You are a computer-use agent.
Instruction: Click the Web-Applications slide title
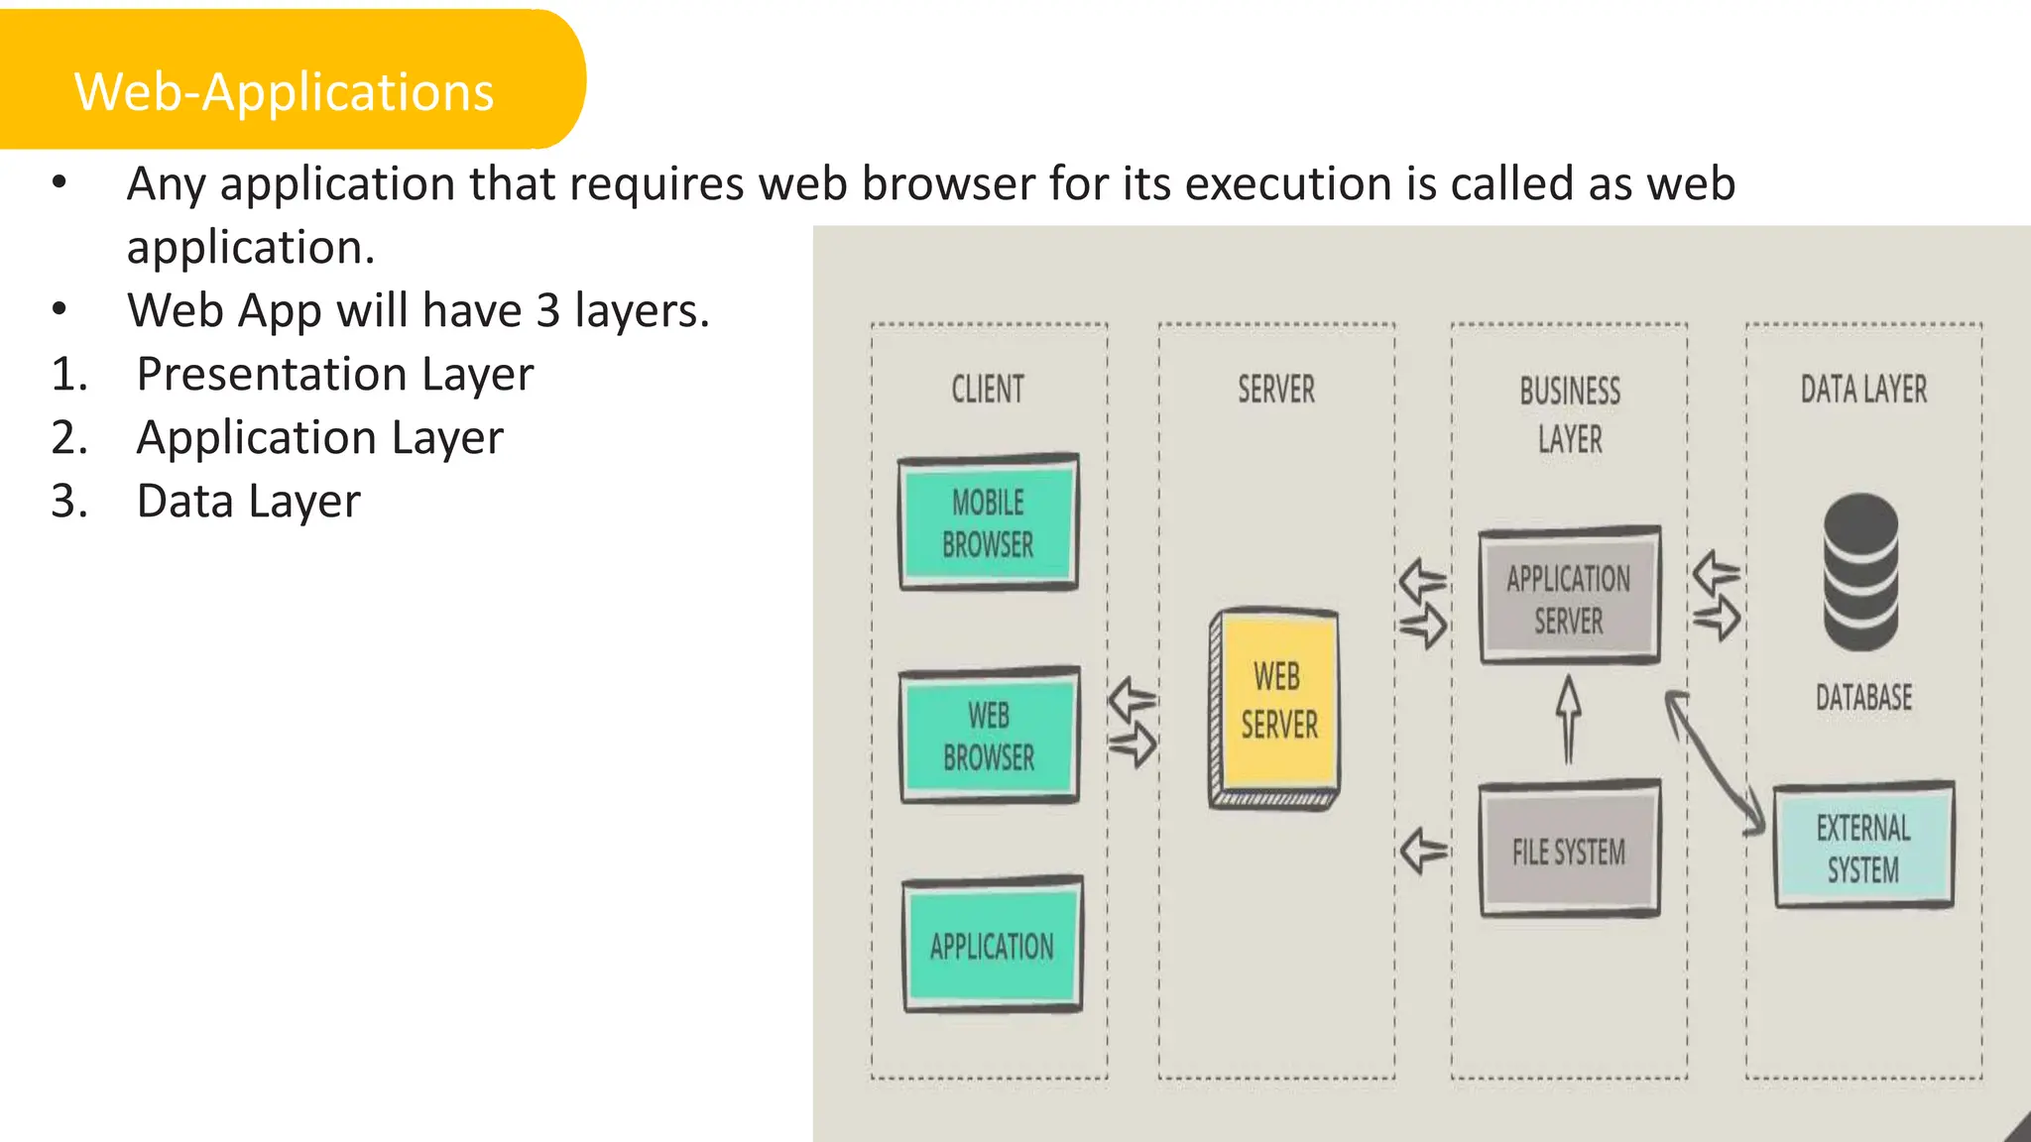point(284,91)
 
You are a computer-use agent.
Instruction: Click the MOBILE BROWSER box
point(988,523)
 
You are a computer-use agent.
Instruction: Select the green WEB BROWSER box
point(989,736)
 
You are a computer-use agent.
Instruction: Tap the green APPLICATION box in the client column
point(992,946)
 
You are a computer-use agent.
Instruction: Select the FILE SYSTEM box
point(1568,852)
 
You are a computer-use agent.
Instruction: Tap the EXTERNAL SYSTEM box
point(1862,848)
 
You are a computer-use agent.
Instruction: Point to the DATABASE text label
point(1863,697)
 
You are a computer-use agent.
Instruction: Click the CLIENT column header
point(988,390)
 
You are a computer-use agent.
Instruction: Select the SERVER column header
point(1276,390)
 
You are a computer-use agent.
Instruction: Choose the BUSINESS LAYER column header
point(1570,414)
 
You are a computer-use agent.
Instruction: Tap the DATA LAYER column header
point(1863,390)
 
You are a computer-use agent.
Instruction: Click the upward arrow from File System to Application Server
point(1568,720)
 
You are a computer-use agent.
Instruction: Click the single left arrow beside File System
point(1424,851)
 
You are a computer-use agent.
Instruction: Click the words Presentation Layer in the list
point(335,375)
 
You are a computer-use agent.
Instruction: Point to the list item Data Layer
point(248,502)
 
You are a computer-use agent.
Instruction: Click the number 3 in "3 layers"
point(548,311)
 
